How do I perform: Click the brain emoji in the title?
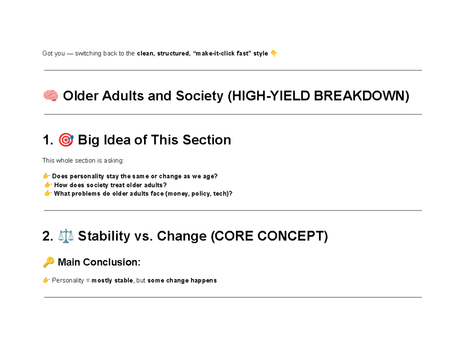(x=50, y=96)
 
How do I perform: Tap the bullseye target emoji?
(x=66, y=140)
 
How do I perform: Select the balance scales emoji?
(x=66, y=236)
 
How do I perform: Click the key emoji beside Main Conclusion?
(x=48, y=262)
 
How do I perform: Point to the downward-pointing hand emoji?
(x=274, y=53)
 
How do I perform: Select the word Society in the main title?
(x=199, y=96)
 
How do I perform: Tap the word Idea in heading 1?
(x=117, y=140)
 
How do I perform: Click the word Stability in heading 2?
(x=104, y=236)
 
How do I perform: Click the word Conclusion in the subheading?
(x=111, y=262)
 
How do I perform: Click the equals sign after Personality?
(x=88, y=280)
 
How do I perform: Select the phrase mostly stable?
(x=112, y=280)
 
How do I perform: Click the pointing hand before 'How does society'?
(x=48, y=184)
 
